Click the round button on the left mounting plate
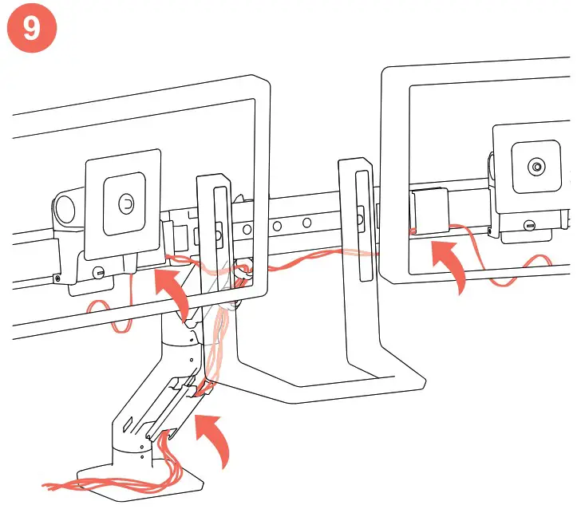coord(124,203)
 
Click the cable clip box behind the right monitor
coord(429,211)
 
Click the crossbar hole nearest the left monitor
coord(276,226)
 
